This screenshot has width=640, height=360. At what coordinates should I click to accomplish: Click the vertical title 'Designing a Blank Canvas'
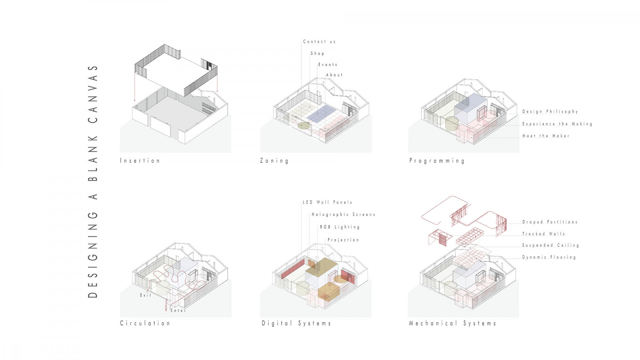tap(93, 181)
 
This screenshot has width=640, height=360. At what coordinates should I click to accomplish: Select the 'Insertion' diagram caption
tap(140, 161)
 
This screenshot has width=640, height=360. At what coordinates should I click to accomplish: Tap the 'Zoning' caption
tap(274, 161)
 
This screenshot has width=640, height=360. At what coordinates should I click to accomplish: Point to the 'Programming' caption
tap(437, 161)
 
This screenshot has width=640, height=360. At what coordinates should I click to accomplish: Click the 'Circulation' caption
tap(145, 323)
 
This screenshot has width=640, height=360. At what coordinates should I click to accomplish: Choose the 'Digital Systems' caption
tap(296, 323)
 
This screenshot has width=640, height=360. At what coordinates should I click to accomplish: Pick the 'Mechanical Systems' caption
tap(452, 323)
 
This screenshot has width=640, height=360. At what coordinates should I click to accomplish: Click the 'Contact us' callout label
tap(319, 42)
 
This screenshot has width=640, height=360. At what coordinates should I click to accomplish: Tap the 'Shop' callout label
tap(318, 54)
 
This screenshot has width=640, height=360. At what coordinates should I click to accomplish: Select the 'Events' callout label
tap(328, 65)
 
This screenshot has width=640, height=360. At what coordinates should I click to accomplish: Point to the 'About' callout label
tap(334, 75)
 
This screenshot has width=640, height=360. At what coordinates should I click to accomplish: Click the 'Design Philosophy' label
tap(550, 112)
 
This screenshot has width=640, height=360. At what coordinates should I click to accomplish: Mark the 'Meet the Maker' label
tap(546, 136)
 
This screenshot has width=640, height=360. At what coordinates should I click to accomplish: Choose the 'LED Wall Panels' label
tap(328, 202)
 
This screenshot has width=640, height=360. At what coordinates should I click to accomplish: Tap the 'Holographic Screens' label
tap(344, 215)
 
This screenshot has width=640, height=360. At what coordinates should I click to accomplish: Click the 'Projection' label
tap(343, 240)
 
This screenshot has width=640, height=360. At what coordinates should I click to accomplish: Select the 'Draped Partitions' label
tap(550, 222)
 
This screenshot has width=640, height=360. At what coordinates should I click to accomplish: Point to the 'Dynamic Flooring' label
tap(549, 257)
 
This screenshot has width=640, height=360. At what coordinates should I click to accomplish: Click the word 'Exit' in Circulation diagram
tap(146, 295)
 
